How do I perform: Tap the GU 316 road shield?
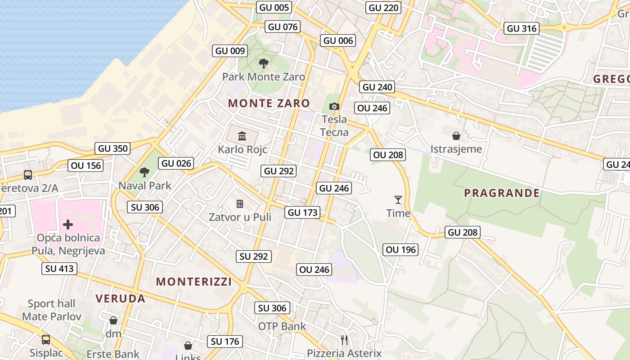click(x=522, y=28)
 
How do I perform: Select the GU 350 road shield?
click(x=113, y=148)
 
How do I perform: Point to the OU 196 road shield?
click(x=401, y=249)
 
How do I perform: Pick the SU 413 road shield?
click(x=59, y=269)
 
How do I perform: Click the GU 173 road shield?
click(x=303, y=212)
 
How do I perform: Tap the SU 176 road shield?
click(x=225, y=341)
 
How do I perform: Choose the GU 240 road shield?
click(x=378, y=87)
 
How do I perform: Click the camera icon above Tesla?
click(x=334, y=106)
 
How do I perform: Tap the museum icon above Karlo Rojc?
click(x=242, y=136)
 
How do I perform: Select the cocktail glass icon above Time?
click(x=398, y=199)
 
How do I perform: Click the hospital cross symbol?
click(x=68, y=224)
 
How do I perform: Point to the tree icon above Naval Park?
click(x=144, y=172)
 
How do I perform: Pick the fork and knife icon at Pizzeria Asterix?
click(x=344, y=340)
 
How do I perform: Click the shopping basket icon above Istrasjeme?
click(x=456, y=135)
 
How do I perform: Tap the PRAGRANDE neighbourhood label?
click(x=502, y=193)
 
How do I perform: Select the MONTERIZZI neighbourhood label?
click(x=194, y=282)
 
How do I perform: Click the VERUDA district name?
click(x=120, y=298)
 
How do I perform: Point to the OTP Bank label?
click(x=282, y=326)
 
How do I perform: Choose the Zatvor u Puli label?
click(x=240, y=217)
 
